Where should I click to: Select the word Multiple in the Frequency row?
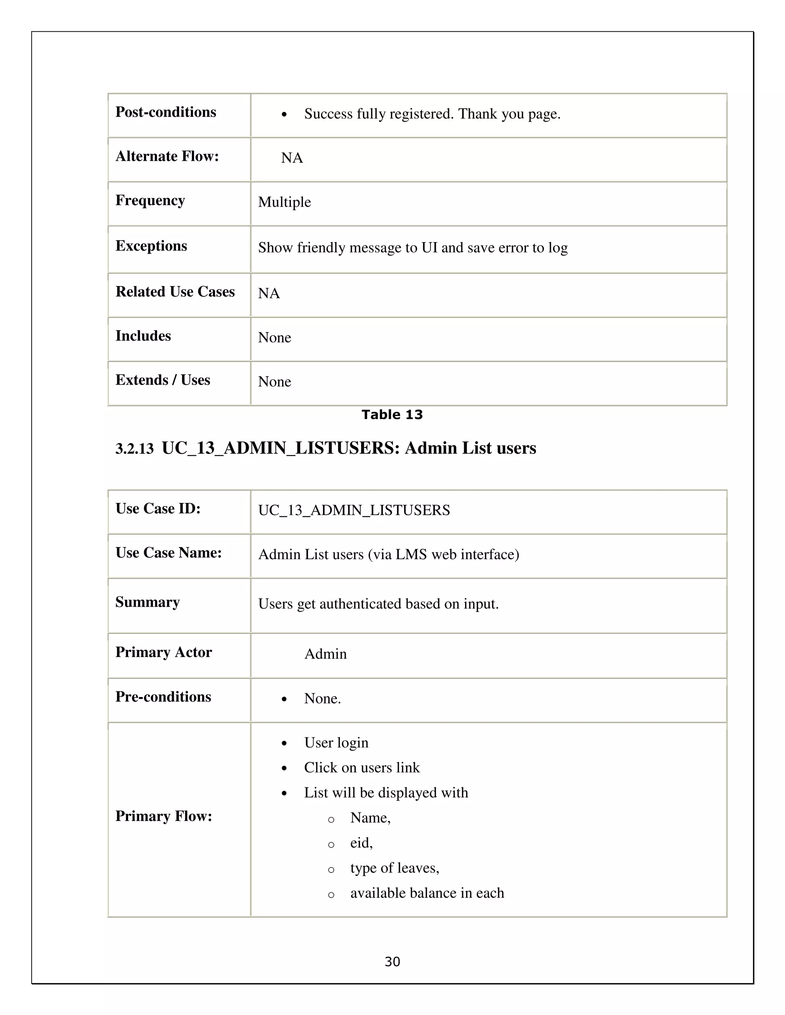[x=284, y=202]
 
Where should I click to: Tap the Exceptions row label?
[x=151, y=246]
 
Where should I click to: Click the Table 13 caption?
[x=392, y=414]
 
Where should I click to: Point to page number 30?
[x=392, y=961]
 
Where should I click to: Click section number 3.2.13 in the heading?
[x=135, y=449]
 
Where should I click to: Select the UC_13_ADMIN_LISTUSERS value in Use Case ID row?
[x=354, y=510]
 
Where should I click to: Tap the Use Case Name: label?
[x=168, y=553]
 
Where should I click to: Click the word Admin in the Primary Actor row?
[x=325, y=654]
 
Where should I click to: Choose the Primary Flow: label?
[x=164, y=816]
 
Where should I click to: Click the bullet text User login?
[x=336, y=743]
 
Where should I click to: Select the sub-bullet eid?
[x=361, y=843]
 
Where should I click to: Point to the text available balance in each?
[x=427, y=893]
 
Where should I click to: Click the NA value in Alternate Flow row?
[x=292, y=158]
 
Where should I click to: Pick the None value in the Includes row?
[x=274, y=337]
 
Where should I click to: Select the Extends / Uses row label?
[x=163, y=380]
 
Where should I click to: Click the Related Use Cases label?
[x=175, y=291]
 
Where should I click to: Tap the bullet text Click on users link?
[x=362, y=768]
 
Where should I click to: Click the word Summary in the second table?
[x=148, y=602]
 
